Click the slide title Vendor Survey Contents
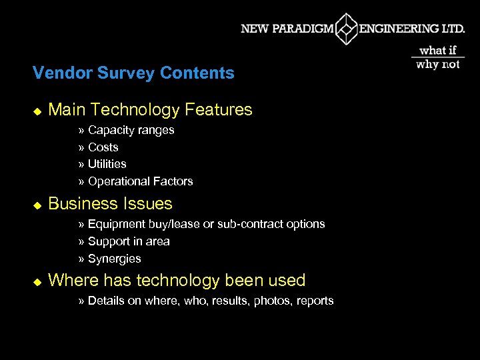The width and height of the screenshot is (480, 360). click(x=133, y=73)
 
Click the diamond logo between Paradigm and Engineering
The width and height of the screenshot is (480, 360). click(x=346, y=29)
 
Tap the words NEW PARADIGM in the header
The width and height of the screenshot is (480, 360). click(x=287, y=29)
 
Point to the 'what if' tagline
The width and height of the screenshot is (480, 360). click(x=438, y=51)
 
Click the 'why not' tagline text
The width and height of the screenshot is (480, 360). click(x=438, y=65)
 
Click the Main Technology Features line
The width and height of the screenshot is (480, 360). click(x=150, y=109)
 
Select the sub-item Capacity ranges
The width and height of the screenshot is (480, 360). click(x=131, y=130)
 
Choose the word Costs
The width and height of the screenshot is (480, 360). click(x=103, y=147)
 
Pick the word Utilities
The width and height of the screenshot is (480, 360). click(x=107, y=164)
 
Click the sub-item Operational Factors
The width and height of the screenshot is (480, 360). click(x=140, y=181)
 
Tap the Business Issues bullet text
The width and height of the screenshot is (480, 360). click(x=110, y=203)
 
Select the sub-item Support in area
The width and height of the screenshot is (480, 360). click(x=129, y=241)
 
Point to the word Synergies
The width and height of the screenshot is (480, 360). click(x=114, y=259)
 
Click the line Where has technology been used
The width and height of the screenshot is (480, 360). click(x=177, y=280)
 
